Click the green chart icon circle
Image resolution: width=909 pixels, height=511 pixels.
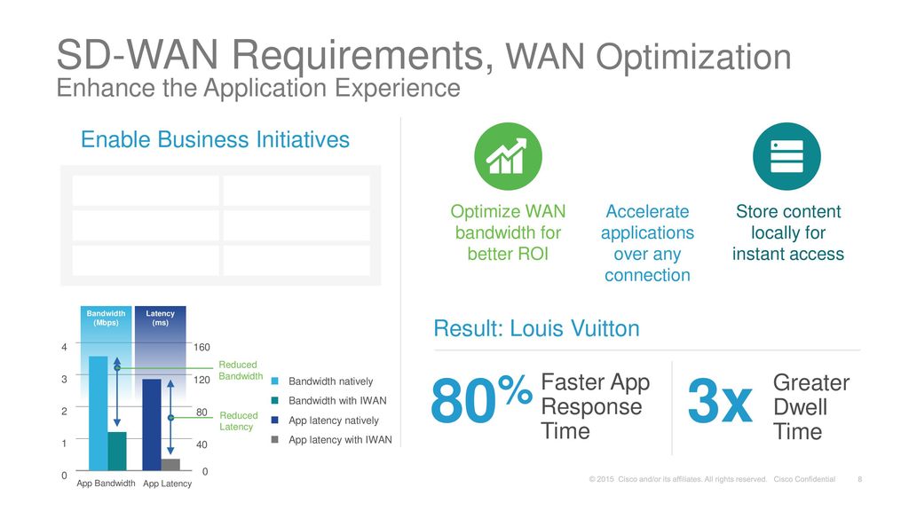508,156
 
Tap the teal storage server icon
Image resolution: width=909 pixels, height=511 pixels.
786,156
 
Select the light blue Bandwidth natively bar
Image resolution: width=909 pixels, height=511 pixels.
99,413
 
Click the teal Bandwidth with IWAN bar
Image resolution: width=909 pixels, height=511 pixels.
117,451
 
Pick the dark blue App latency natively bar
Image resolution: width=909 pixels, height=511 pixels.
152,424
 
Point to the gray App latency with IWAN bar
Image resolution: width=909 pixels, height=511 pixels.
170,464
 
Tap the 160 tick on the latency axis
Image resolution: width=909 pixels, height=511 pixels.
203,347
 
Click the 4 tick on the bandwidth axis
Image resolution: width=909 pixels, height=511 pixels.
64,347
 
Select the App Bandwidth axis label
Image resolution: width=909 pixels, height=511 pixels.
106,483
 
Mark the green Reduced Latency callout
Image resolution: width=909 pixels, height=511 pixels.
238,421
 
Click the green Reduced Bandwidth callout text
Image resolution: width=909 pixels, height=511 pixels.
241,371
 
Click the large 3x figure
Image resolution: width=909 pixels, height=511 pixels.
720,405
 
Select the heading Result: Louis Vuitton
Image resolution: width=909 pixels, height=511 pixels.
536,329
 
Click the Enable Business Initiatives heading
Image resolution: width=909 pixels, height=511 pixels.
215,140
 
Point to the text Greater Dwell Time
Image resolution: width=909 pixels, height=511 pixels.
811,407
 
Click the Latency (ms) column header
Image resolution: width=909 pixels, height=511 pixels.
161,318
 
